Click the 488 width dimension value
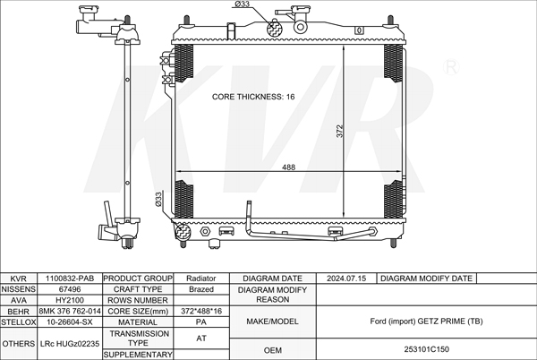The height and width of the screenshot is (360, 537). click(288, 167)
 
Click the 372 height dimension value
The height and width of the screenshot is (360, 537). click(340, 131)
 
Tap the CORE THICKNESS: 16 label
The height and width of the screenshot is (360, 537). click(253, 97)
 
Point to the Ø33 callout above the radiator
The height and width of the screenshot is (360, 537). click(243, 4)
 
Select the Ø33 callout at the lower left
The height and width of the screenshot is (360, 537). click(158, 199)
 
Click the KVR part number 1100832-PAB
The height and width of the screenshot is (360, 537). click(70, 279)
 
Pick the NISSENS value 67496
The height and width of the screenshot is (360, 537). click(70, 289)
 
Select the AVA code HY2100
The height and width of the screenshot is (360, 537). click(70, 300)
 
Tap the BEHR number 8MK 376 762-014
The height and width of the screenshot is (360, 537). click(70, 311)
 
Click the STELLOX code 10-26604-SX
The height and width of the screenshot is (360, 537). click(70, 322)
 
